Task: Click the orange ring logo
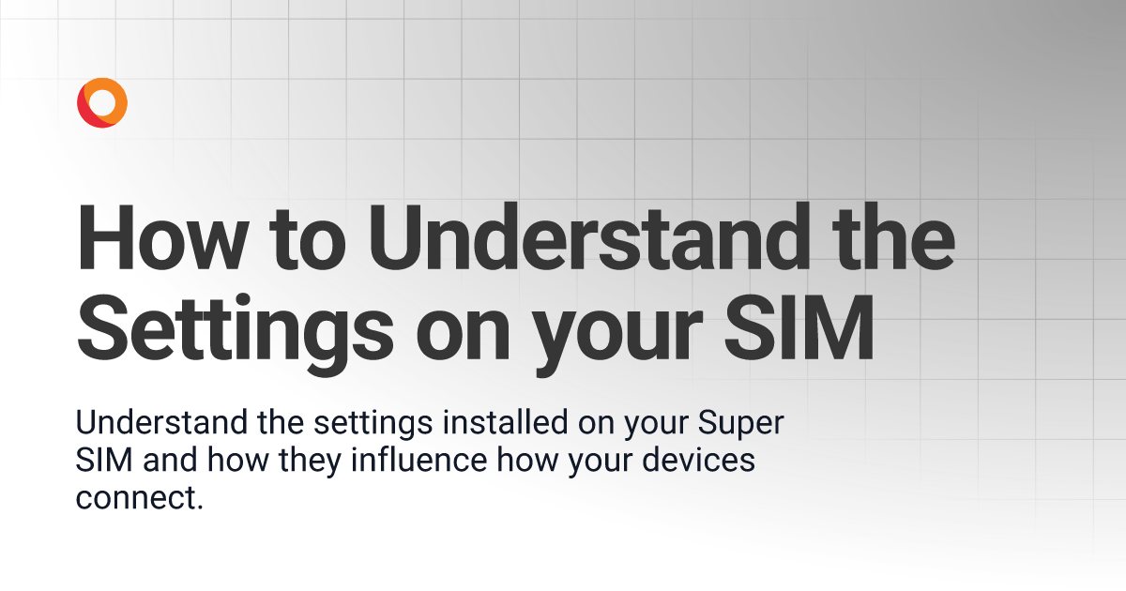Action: point(102,103)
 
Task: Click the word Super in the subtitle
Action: point(740,425)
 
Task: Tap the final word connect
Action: point(139,499)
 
